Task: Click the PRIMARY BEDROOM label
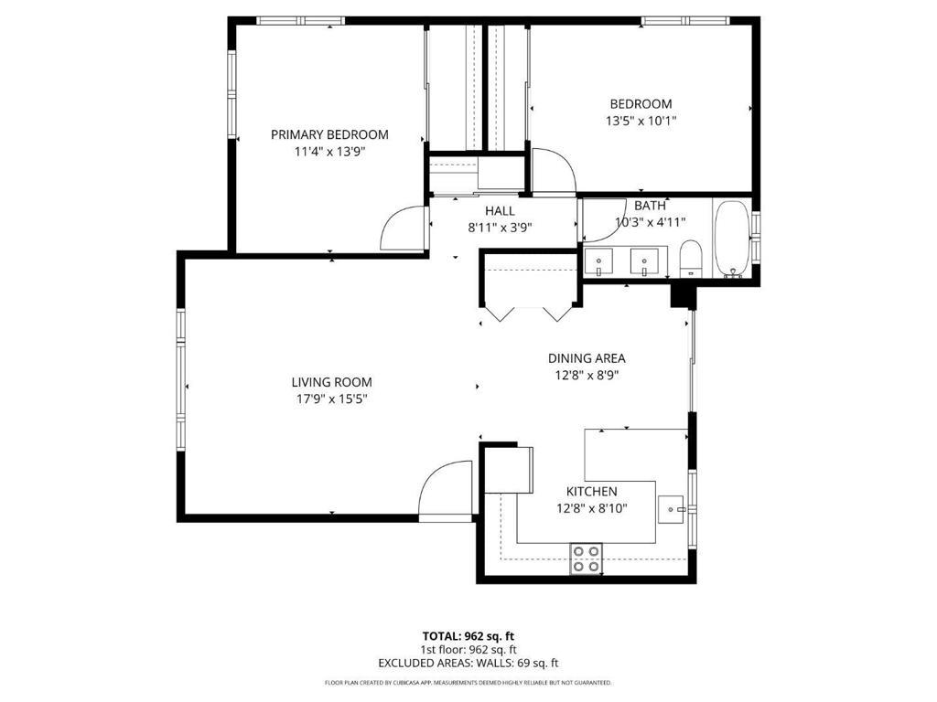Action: [x=329, y=134]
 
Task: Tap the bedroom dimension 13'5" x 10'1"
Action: [x=641, y=122]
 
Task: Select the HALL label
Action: [x=500, y=211]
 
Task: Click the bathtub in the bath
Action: [x=732, y=239]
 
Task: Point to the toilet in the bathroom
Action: [x=691, y=259]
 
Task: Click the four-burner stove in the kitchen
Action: [x=587, y=558]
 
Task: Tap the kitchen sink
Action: [x=671, y=509]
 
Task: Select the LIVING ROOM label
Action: [x=331, y=382]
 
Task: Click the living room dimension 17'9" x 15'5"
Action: [x=331, y=399]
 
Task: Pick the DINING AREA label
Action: [x=587, y=358]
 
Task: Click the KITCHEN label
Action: [x=592, y=491]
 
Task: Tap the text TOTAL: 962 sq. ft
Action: [x=468, y=636]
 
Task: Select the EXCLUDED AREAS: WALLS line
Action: [x=468, y=663]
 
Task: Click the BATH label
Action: [x=650, y=206]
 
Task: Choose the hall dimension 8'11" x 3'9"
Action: [x=500, y=228]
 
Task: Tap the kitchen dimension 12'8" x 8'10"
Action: [x=592, y=508]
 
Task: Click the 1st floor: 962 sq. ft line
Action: [x=468, y=650]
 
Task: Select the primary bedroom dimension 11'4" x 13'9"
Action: [x=329, y=152]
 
